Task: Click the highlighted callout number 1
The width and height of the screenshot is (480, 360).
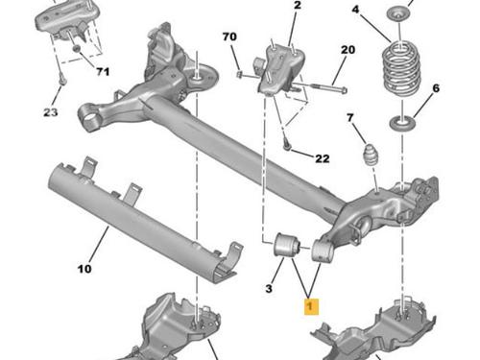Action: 311,306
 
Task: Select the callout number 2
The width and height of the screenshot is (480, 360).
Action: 298,6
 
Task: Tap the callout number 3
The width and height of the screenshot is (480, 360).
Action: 269,289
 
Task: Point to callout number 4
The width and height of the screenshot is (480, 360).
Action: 355,10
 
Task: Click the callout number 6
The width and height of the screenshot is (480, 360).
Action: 436,88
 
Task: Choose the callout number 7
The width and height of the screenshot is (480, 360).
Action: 350,118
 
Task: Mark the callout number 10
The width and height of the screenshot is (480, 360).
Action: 84,269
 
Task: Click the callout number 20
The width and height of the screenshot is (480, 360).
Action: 348,50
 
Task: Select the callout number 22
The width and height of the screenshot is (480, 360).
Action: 323,158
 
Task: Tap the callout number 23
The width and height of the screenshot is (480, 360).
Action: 51,112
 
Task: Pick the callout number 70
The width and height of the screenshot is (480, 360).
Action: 229,36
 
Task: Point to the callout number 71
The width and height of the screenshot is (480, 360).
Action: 103,72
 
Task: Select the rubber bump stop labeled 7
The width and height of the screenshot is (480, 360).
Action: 372,156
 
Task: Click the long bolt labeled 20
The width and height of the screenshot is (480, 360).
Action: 320,87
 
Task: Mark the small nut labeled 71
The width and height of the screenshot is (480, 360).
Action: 76,49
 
